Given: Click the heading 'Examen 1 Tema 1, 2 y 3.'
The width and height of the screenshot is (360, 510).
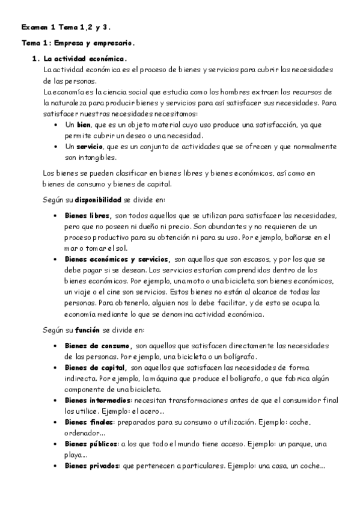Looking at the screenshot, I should (66, 28).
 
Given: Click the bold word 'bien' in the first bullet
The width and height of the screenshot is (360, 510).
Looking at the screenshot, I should (84, 124).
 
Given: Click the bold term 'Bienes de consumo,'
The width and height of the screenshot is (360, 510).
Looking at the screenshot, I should (98, 346).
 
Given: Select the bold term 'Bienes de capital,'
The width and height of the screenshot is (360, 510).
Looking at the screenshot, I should (95, 367).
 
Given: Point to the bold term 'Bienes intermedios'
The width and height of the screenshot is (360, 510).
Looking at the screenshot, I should (97, 400).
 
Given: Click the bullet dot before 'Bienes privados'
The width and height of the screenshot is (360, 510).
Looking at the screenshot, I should (55, 466).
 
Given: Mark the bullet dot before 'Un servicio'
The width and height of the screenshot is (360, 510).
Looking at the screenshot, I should (55, 147).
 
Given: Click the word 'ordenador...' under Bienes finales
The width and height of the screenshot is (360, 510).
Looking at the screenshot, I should (85, 432).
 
